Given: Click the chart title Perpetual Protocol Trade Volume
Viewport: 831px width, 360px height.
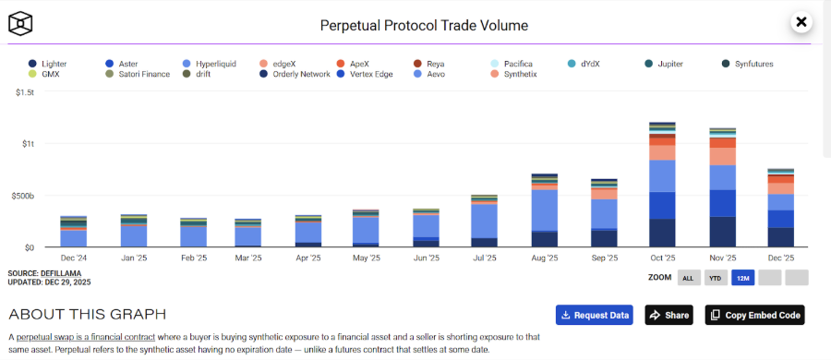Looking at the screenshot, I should (424, 25).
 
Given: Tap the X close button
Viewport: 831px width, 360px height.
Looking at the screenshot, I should (801, 22).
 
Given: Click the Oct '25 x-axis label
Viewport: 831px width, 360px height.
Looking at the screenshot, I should (663, 258).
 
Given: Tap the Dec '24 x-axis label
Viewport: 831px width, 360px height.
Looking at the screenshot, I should (74, 258).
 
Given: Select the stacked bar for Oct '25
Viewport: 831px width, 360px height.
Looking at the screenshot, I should (663, 185).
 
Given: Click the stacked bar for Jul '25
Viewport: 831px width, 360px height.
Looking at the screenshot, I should (486, 222).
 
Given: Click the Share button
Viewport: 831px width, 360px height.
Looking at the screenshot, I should (668, 315).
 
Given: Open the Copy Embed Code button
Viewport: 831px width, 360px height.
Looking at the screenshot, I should (755, 315).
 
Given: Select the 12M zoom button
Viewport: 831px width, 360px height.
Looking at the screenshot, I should (742, 278).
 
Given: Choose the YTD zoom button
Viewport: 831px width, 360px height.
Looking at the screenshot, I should (716, 278).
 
